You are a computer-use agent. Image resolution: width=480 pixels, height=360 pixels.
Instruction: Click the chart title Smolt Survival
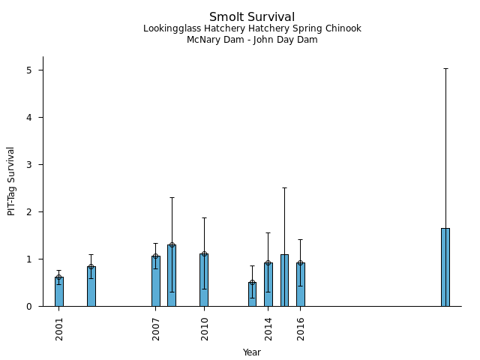(x=252, y=17)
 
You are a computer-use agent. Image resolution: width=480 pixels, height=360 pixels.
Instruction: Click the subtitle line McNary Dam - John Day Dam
(x=252, y=40)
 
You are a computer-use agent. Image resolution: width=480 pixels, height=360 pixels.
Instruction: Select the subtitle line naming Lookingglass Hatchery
(x=252, y=28)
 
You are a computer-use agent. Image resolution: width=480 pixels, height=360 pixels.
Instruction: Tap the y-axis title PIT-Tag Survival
(x=11, y=181)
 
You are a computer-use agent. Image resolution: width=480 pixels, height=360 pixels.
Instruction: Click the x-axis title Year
(x=252, y=352)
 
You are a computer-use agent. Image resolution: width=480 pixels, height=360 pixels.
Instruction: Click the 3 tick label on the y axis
(x=30, y=165)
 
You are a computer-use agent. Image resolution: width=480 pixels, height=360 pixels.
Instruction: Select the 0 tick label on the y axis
(x=30, y=306)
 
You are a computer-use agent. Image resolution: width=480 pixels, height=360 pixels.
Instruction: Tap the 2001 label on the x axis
(x=59, y=328)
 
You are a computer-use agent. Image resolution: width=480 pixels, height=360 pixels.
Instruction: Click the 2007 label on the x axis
(x=156, y=328)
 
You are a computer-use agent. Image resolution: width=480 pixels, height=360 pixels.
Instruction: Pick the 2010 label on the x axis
(x=204, y=328)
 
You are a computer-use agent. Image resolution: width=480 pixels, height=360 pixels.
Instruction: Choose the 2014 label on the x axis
(x=268, y=328)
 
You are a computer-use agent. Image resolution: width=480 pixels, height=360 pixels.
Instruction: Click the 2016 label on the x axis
(x=301, y=328)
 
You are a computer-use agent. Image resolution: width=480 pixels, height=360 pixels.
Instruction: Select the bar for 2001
(x=59, y=292)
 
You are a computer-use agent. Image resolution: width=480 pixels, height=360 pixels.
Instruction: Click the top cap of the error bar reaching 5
(x=445, y=68)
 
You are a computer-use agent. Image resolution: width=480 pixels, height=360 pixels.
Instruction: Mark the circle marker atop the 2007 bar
(x=156, y=256)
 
